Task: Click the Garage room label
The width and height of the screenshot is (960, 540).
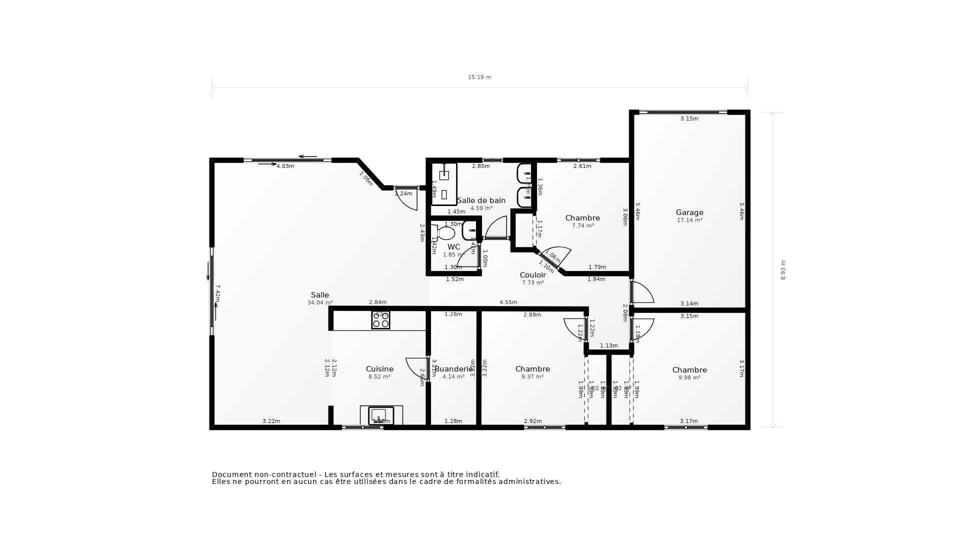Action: (689, 212)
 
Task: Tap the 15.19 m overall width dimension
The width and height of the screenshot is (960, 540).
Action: (479, 77)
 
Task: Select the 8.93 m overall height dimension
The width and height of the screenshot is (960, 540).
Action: (783, 270)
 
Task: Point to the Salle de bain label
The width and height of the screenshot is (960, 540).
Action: (481, 200)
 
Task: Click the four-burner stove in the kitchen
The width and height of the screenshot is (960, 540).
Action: (380, 320)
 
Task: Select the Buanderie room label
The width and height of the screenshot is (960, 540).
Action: (453, 369)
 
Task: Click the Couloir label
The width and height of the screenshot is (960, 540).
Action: (532, 275)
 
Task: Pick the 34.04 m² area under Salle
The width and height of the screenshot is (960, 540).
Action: (320, 303)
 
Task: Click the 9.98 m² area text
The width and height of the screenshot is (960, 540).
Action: (689, 378)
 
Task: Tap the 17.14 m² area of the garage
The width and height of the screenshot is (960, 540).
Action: (689, 220)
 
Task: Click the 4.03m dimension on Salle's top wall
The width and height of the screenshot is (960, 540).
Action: (285, 166)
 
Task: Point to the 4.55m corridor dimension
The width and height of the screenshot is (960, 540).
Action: (508, 302)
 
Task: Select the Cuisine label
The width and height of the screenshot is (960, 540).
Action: (379, 369)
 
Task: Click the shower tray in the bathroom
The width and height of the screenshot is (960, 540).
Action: (444, 184)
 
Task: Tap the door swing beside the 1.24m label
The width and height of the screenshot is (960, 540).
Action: (407, 200)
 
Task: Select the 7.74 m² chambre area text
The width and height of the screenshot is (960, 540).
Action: (582, 226)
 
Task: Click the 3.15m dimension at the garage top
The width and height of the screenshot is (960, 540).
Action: (689, 119)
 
